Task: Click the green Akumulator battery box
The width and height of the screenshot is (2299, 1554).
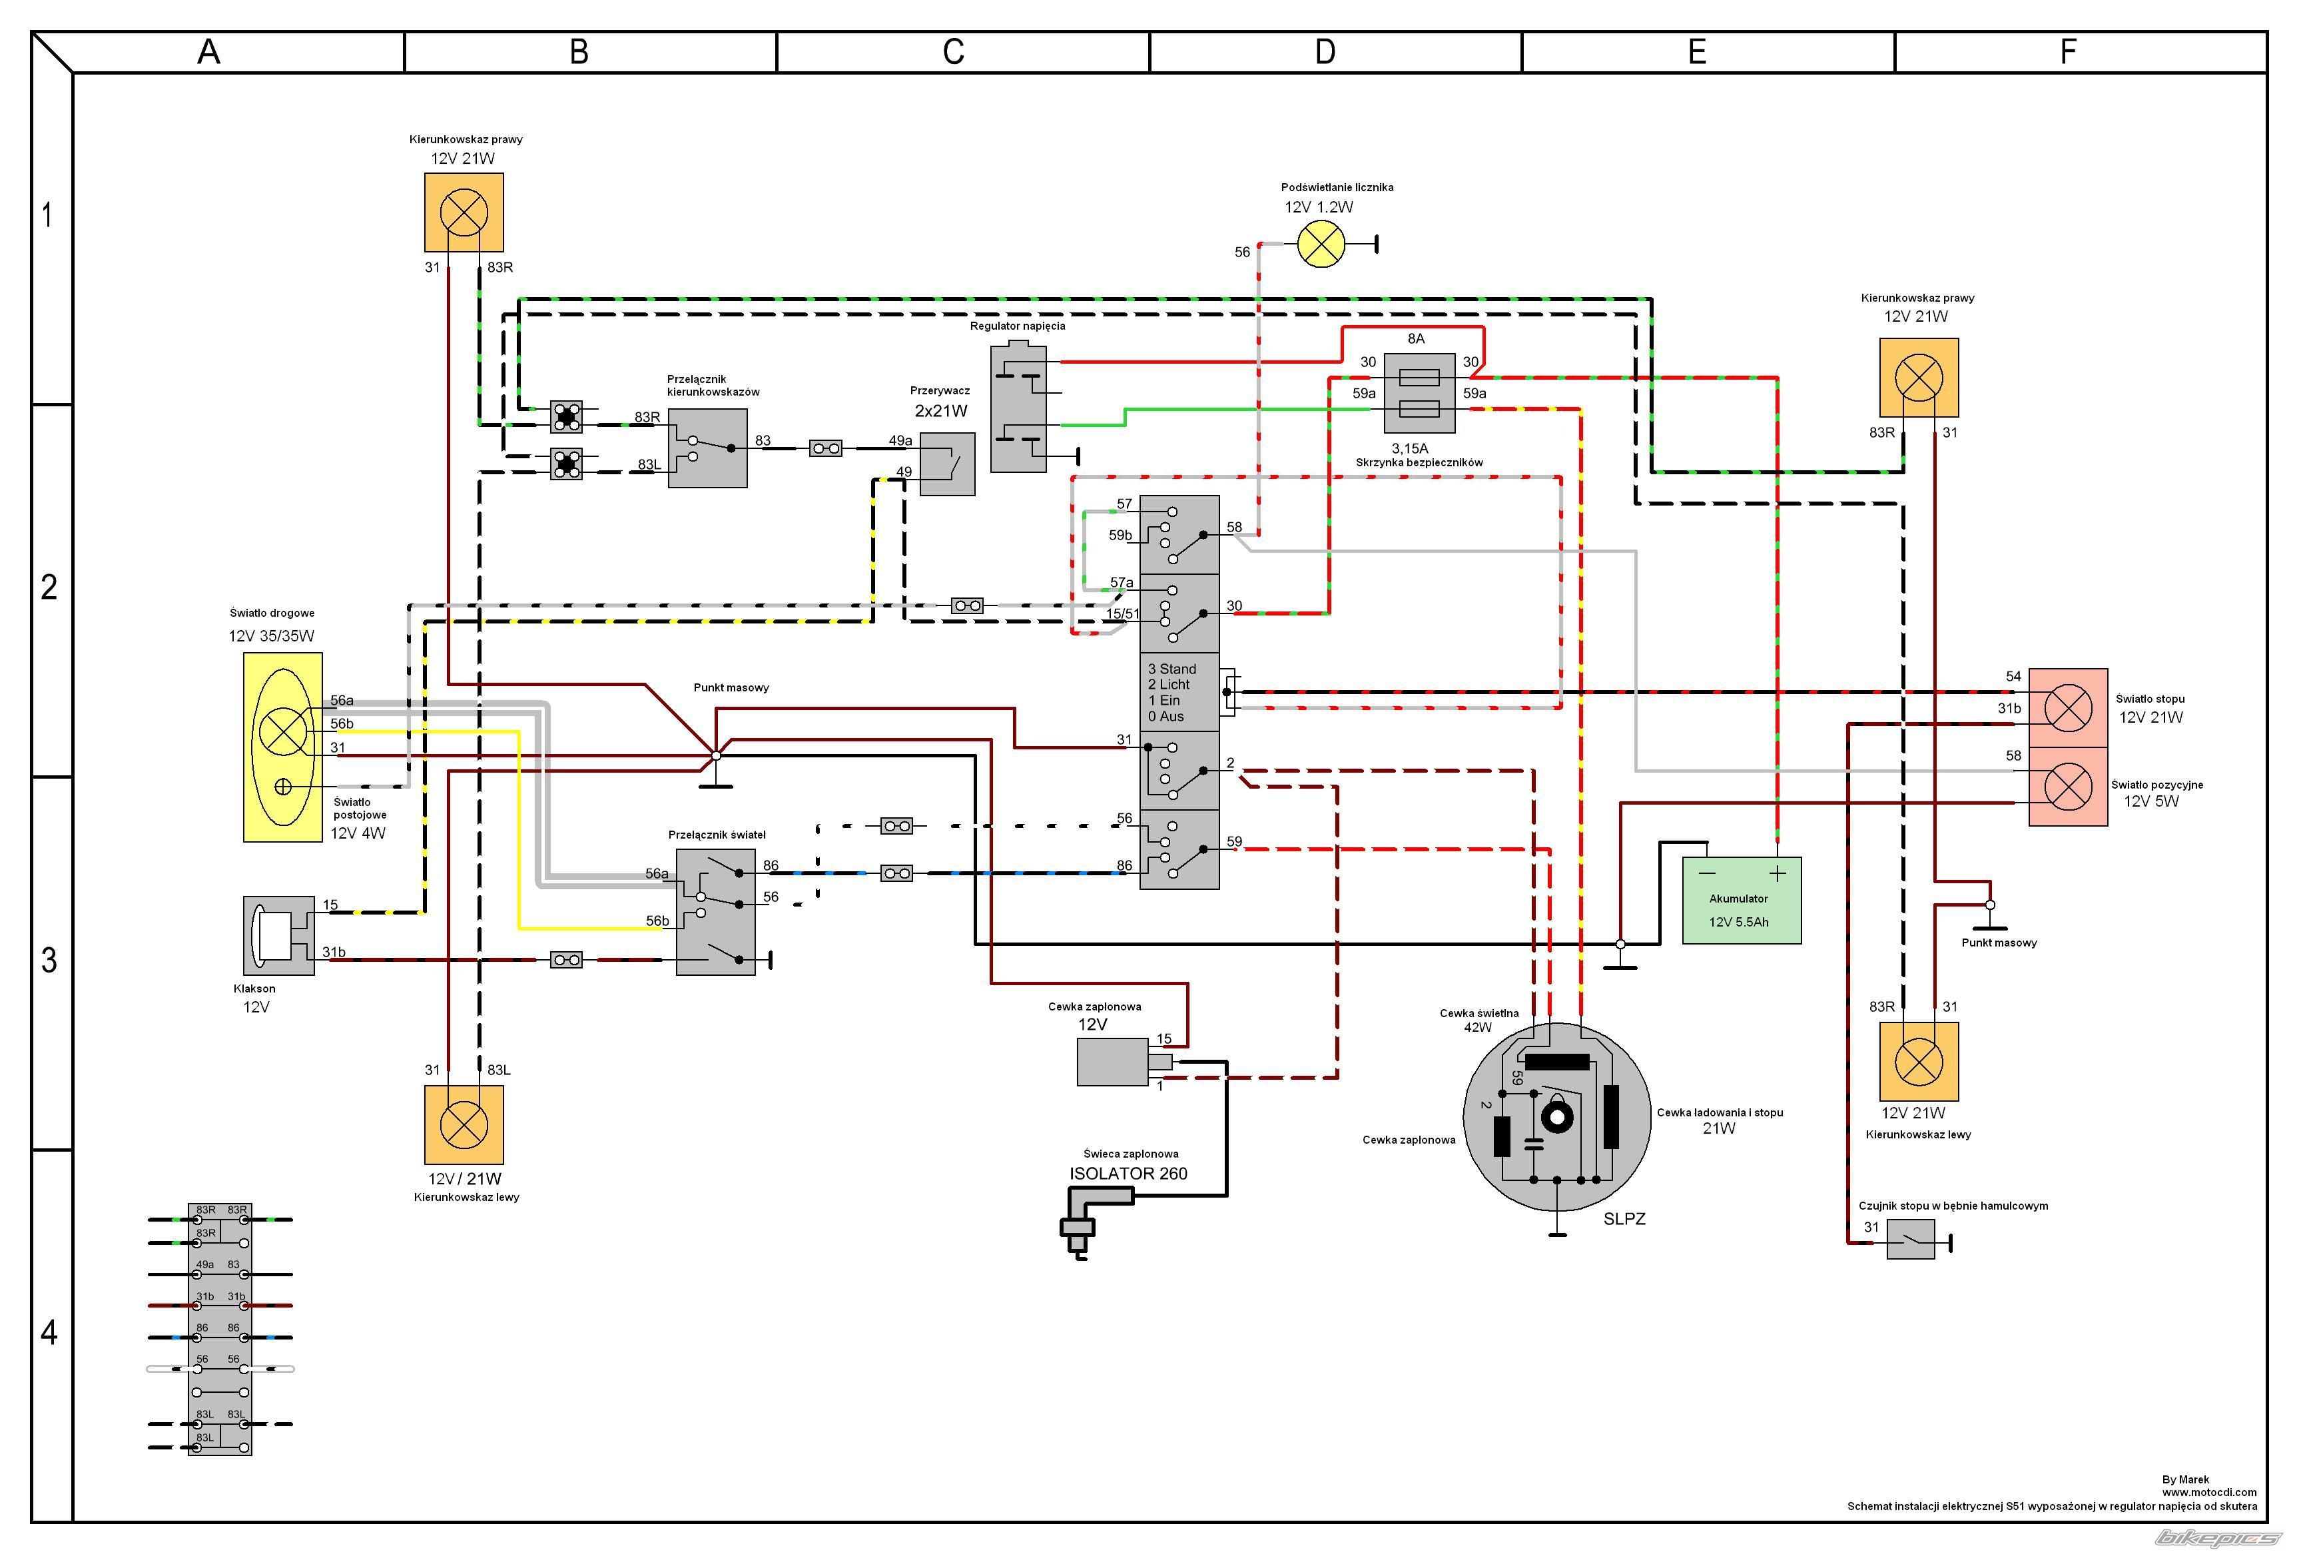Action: [1741, 900]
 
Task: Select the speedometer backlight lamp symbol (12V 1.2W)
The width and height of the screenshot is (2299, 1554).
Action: [1321, 243]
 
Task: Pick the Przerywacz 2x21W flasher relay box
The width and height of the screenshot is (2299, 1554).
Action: [946, 464]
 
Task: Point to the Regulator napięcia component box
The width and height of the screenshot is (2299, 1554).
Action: [1018, 408]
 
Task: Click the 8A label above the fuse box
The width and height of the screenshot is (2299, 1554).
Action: [1416, 338]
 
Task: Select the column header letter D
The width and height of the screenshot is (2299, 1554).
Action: [1325, 53]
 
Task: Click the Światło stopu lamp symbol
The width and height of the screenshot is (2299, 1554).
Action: [2067, 707]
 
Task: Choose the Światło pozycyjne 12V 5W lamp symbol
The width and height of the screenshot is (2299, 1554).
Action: [2067, 787]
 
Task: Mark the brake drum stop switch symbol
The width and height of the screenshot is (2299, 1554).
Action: [1910, 1238]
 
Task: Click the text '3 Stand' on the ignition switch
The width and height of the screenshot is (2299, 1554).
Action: [1171, 669]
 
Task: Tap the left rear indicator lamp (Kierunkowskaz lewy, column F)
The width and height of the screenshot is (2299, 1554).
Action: [1918, 1061]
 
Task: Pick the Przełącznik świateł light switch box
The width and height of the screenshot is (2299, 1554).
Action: [715, 910]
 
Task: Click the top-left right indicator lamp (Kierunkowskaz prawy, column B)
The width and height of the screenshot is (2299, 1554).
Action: [464, 212]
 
